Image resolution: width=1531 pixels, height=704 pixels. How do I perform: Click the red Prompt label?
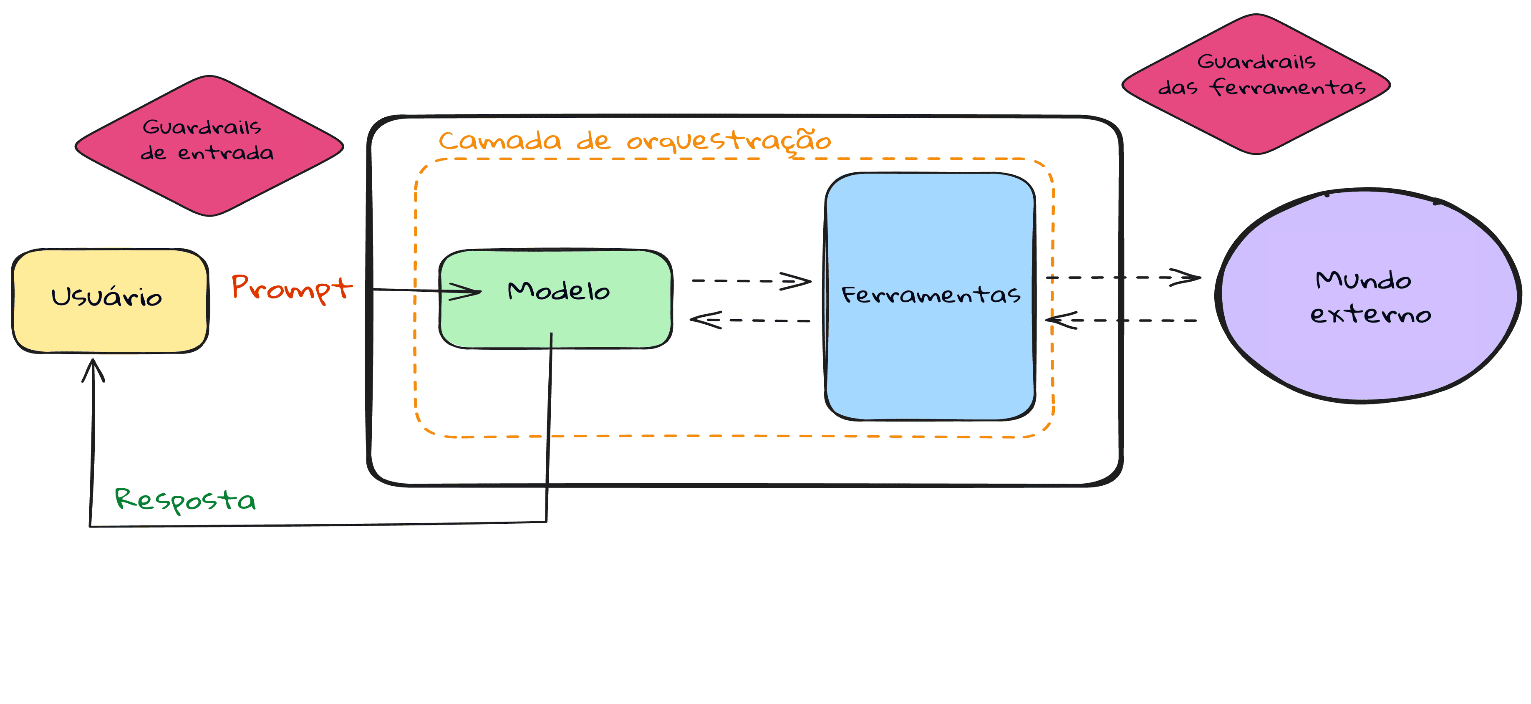point(291,288)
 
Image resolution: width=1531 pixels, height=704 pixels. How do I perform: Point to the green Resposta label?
point(185,500)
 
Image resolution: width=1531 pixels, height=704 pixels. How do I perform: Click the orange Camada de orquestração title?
point(635,141)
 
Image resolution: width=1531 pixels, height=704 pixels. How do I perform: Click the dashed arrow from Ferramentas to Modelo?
point(750,320)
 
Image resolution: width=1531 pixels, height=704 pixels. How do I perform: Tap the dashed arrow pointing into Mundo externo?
point(1123,277)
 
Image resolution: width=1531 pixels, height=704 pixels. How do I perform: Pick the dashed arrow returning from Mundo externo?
point(1123,320)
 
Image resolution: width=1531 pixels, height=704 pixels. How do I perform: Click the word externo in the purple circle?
point(1370,314)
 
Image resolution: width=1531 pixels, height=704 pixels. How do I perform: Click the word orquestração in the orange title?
point(729,141)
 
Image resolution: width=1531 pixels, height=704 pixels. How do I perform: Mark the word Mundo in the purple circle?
point(1363,280)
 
